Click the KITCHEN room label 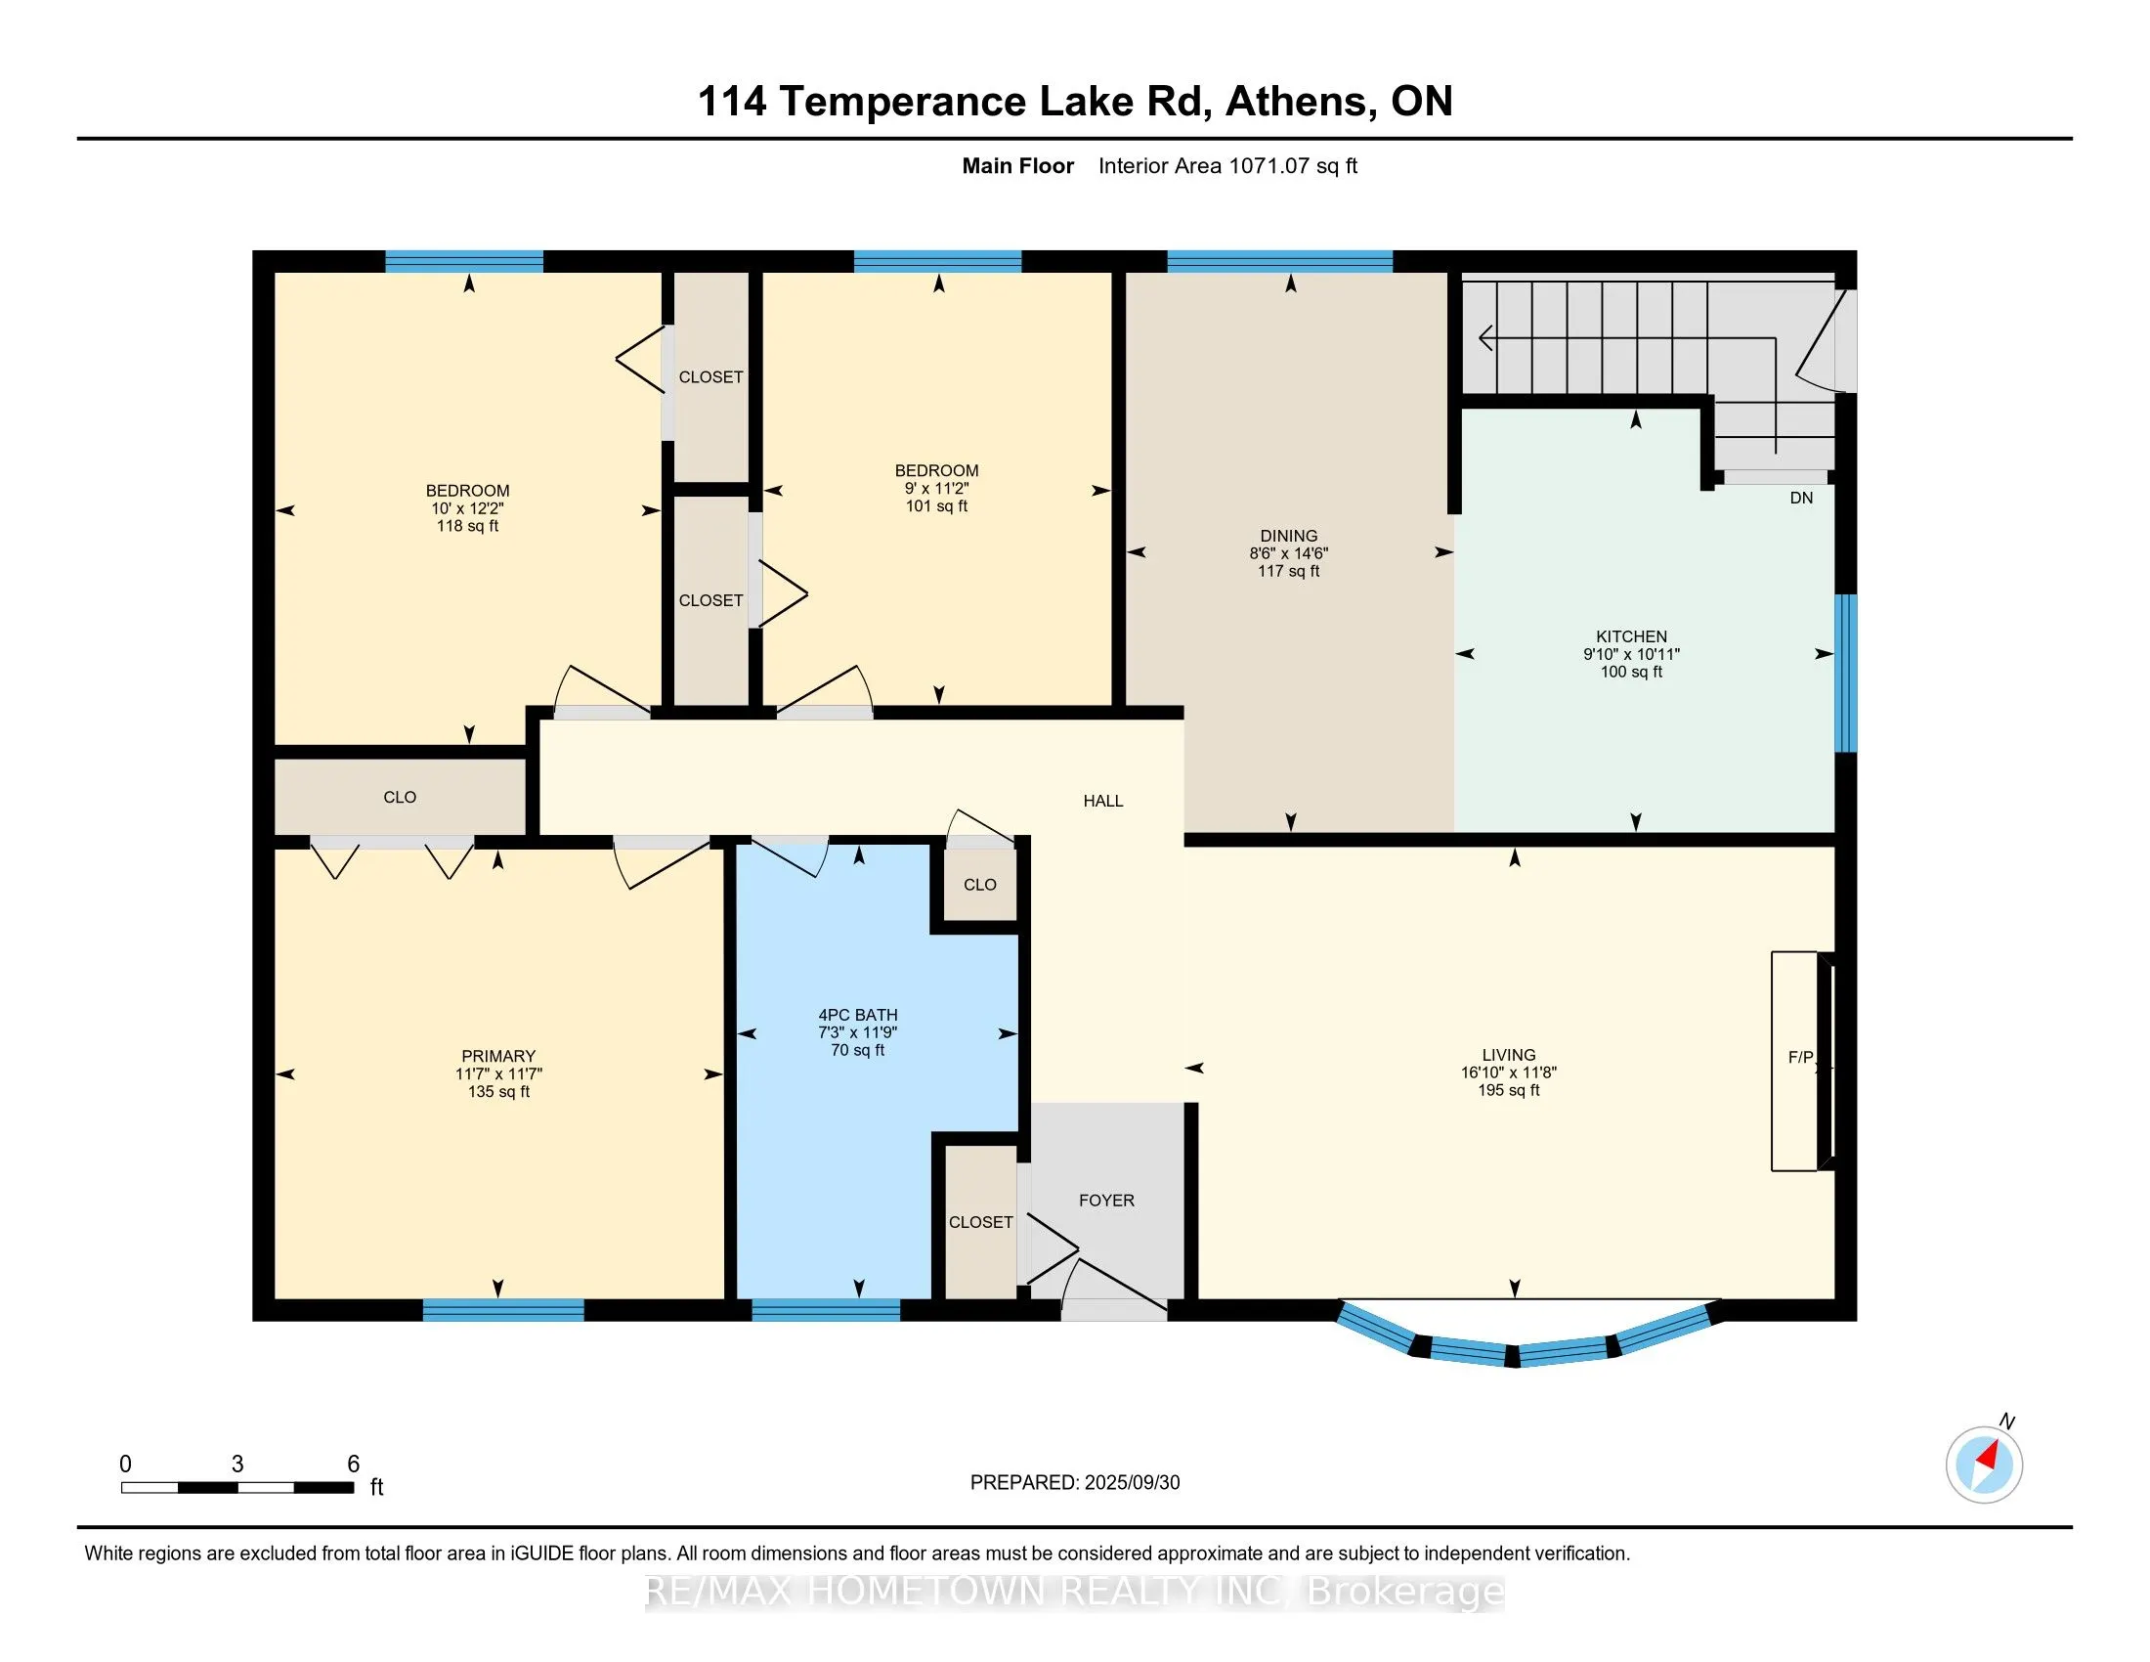1631,636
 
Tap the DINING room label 1289,536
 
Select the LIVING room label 1508,1055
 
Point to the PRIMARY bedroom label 498,1056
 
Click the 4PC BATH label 857,1014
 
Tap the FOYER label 1106,1201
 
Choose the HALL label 1102,801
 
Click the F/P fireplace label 1800,1057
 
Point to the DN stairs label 1800,498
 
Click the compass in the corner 1984,1465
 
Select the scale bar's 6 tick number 354,1464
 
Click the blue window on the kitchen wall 1847,674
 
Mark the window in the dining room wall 1280,261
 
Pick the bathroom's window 826,1309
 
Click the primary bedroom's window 503,1309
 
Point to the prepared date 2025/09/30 1131,1482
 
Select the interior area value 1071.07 1268,165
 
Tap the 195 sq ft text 1508,1090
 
